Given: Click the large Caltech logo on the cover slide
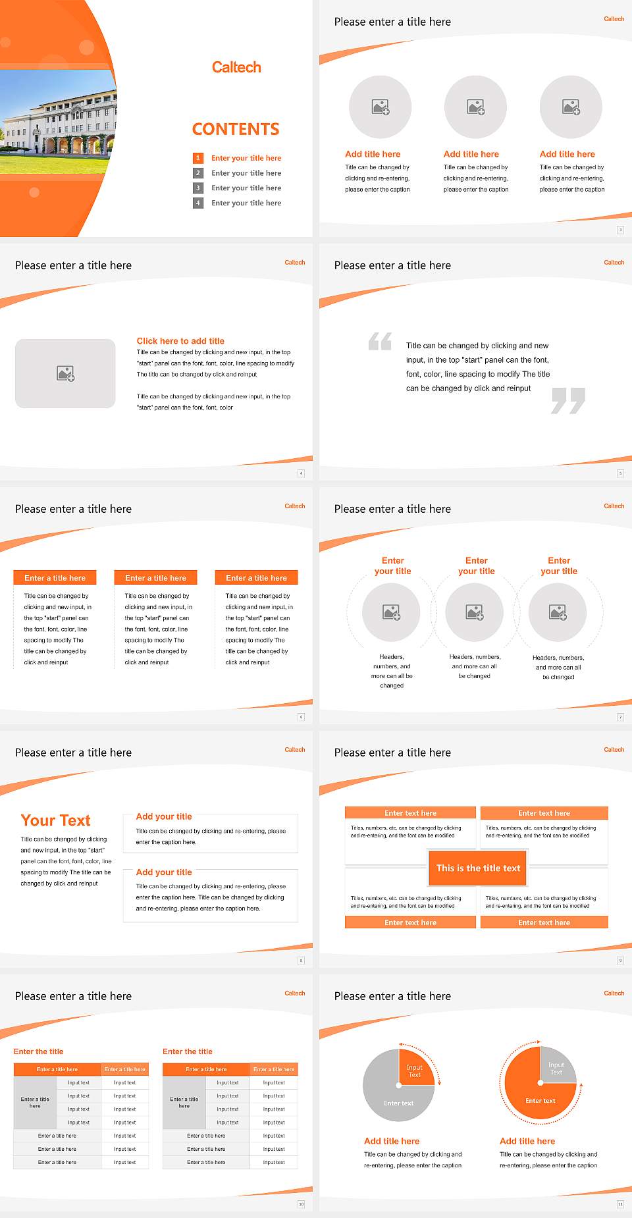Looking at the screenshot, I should (x=236, y=67).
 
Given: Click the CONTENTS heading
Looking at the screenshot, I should (x=236, y=129).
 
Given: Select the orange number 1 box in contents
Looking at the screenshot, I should (x=197, y=158).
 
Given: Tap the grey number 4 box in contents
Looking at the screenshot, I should (x=197, y=203).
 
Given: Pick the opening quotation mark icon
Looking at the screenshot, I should (x=380, y=341).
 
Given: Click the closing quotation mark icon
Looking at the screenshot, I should (x=568, y=400).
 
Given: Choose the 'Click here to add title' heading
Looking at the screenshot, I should (x=180, y=341).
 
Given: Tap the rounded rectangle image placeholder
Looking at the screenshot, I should (x=65, y=373).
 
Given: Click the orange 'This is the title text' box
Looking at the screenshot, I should (x=478, y=868).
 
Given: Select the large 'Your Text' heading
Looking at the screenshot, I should (x=56, y=820).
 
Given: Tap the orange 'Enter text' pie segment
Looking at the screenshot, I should (x=537, y=1098).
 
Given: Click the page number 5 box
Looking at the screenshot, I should (x=620, y=473).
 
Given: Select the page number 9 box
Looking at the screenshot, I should (x=620, y=961).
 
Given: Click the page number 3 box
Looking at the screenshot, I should (x=620, y=230).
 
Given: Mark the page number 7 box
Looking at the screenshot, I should (x=620, y=717).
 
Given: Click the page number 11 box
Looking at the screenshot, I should (x=620, y=1204).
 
